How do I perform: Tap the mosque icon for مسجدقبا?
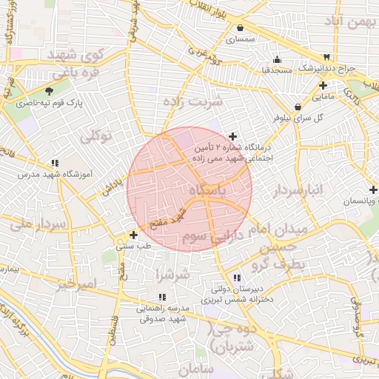(277, 60)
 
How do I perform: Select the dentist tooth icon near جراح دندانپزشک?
(326, 57)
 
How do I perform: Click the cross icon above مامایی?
(323, 86)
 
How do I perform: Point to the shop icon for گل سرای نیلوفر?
(298, 107)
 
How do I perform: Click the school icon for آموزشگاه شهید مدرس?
(55, 162)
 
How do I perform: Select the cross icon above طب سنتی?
(133, 235)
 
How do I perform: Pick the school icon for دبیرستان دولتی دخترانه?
(235, 278)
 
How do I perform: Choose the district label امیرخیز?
(76, 284)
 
